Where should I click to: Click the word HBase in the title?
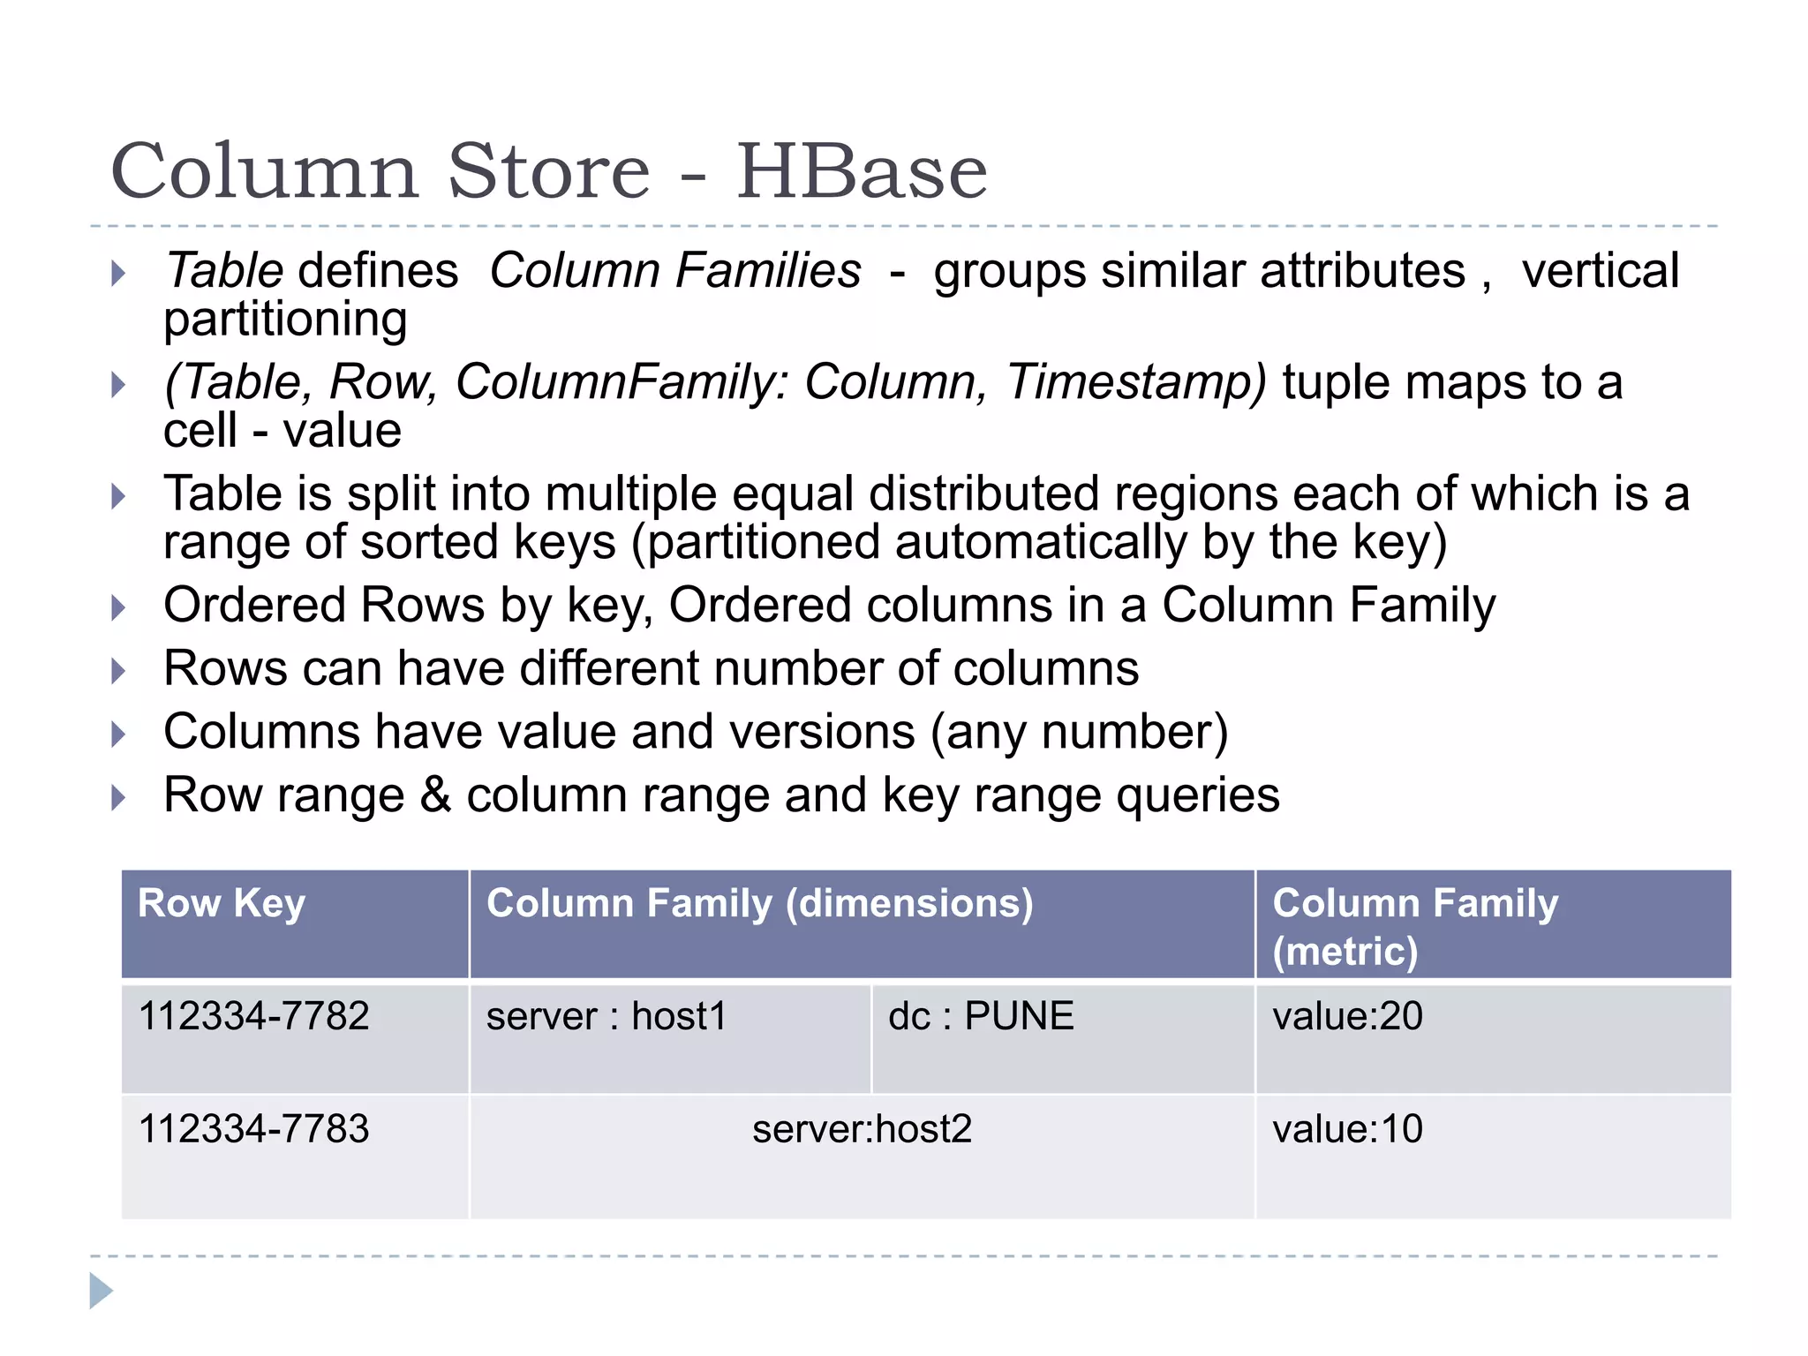click(862, 171)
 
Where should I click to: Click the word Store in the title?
click(549, 171)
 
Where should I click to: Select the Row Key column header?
click(222, 903)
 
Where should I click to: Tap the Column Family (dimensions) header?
click(759, 903)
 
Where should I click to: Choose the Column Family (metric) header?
click(1415, 926)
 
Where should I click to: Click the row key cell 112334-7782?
click(254, 1016)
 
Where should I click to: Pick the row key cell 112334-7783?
click(254, 1129)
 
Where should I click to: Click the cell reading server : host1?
click(606, 1016)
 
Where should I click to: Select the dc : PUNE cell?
click(981, 1016)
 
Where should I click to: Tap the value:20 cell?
click(1347, 1016)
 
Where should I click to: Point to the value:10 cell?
click(1347, 1129)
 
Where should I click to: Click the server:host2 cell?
click(862, 1129)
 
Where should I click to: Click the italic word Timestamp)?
click(1136, 383)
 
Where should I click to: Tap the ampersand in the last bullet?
click(435, 795)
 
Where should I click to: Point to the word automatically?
click(1041, 542)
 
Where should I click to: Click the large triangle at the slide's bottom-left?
click(101, 1291)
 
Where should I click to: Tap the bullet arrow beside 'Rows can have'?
click(118, 671)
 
